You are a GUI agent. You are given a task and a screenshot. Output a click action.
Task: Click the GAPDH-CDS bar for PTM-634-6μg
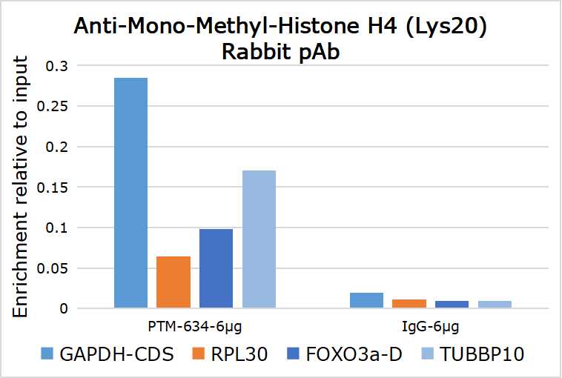[130, 193]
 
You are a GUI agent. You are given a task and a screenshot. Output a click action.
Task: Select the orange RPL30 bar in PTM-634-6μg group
[173, 282]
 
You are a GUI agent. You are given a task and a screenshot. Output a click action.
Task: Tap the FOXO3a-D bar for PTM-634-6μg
[216, 268]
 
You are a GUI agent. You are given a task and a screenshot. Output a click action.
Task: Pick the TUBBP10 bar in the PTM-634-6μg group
[259, 239]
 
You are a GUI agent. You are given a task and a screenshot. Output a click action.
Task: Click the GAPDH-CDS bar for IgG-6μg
[366, 300]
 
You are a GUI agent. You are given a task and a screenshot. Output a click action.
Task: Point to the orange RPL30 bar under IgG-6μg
[409, 303]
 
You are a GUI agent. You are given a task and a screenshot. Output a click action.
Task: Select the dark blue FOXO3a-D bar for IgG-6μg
[452, 304]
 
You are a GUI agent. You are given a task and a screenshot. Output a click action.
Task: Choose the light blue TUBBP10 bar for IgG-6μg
[495, 304]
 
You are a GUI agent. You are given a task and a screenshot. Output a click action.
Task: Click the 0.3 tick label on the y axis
[57, 66]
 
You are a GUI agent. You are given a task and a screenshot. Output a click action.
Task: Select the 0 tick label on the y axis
[64, 308]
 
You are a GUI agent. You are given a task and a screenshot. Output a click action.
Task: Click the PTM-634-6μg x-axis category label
[195, 325]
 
